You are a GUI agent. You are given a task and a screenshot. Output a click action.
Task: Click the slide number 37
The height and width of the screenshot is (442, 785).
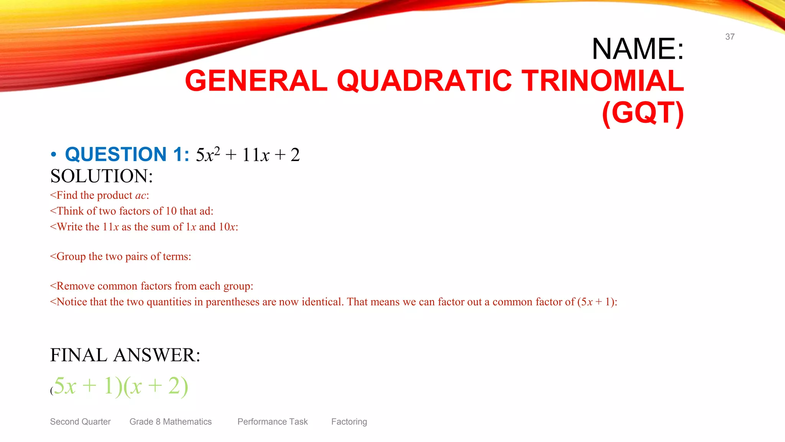[x=729, y=37]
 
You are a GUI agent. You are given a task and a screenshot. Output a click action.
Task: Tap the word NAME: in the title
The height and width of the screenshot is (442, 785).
[x=637, y=49]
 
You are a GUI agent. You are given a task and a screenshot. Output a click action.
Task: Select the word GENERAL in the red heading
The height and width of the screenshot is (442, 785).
[x=256, y=81]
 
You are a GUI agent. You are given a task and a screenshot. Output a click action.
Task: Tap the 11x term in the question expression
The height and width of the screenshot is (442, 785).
[x=256, y=155]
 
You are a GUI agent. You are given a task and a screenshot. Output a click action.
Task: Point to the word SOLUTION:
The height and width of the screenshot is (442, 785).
[x=102, y=176]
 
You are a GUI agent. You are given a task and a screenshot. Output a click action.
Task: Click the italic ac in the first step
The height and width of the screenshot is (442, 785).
[x=140, y=195]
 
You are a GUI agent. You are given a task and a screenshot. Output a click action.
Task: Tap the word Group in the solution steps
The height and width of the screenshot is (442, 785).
[x=71, y=256]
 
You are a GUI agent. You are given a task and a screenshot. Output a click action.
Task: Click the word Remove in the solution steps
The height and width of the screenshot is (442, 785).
[x=76, y=286]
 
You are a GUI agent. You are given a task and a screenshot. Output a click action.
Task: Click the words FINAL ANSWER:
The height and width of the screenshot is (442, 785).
[x=125, y=355]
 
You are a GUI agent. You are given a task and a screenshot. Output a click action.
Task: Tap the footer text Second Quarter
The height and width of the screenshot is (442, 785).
[x=80, y=422]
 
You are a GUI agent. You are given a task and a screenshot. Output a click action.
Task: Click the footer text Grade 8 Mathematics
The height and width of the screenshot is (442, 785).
[x=170, y=422]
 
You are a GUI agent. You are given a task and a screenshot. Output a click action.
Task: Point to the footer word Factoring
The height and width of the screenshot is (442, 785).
[x=349, y=422]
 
